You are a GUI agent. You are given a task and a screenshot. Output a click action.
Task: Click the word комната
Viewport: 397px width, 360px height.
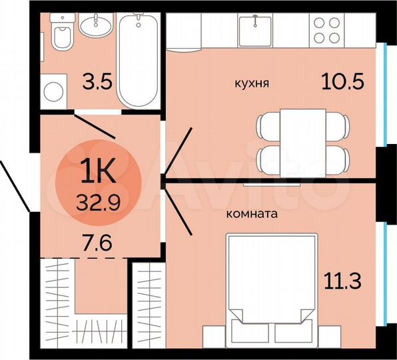(x=252, y=215)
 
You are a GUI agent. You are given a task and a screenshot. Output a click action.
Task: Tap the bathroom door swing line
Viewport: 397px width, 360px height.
(x=95, y=127)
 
